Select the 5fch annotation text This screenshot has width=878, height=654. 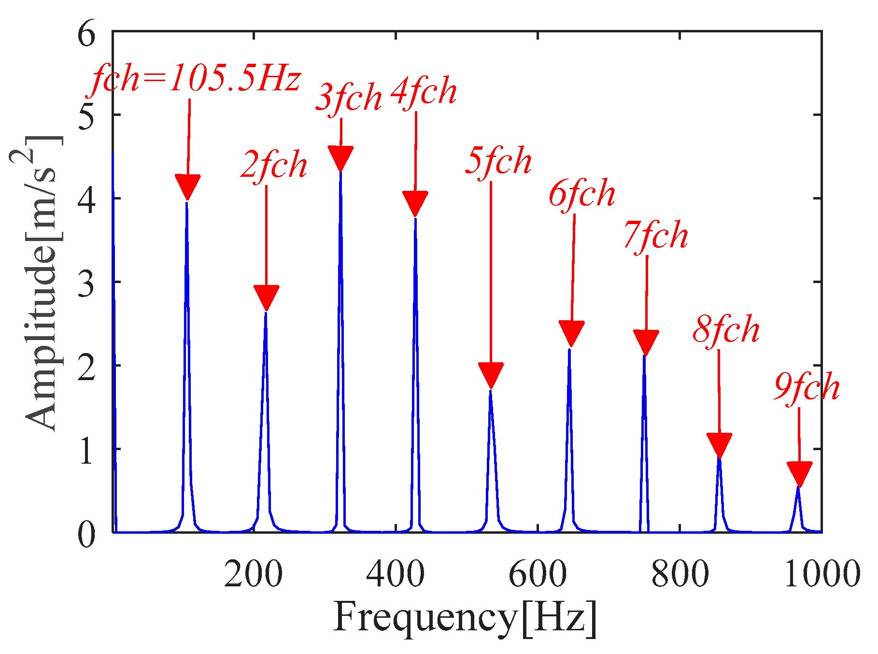tap(498, 161)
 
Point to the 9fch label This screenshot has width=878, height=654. tap(807, 388)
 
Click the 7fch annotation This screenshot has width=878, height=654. tap(656, 236)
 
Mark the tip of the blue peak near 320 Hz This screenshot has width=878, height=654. tap(341, 172)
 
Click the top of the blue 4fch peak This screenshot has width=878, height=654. tap(415, 219)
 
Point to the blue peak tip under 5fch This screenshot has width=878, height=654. tap(491, 390)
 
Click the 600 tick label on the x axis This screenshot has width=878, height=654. tap(538, 574)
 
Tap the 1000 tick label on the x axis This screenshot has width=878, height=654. tap(821, 574)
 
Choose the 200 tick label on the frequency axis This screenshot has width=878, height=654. tap(254, 574)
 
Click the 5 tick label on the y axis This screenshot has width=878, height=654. tap(87, 115)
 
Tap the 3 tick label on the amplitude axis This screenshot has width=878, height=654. tap(87, 282)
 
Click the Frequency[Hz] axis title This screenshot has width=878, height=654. tap(465, 618)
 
